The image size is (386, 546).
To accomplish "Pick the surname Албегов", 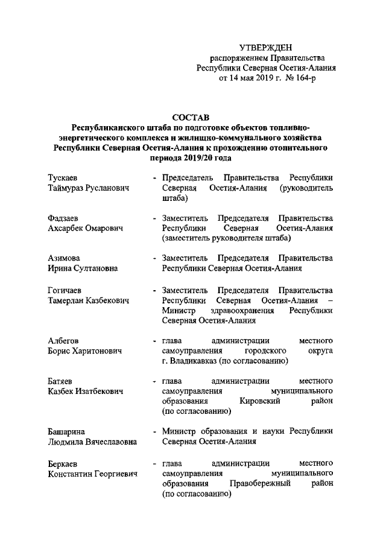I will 63,340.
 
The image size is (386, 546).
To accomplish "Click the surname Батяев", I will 62,381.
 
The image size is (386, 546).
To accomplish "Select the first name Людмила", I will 67,441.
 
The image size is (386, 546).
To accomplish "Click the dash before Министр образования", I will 156,431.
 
